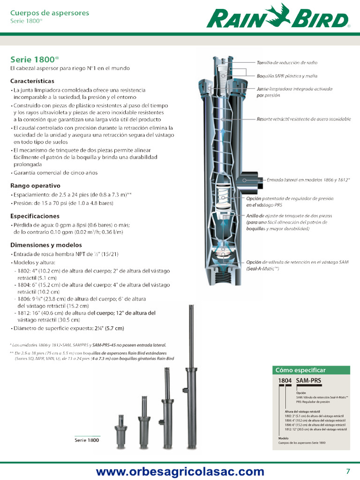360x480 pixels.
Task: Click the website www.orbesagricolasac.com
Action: click(x=180, y=472)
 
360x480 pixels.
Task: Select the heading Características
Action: click(x=32, y=81)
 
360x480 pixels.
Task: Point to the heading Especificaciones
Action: click(x=35, y=216)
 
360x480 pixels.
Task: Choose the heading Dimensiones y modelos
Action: click(x=46, y=245)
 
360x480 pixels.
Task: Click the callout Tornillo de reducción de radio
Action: click(x=286, y=63)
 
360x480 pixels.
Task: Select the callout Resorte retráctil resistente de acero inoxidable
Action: click(x=303, y=119)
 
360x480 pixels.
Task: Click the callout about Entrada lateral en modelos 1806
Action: click(x=308, y=180)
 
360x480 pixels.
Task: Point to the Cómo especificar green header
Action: click(x=311, y=370)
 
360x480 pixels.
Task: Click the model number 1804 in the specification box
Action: click(x=285, y=381)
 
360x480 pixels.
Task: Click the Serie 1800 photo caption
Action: click(x=87, y=440)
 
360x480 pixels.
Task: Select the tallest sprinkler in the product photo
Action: click(x=191, y=375)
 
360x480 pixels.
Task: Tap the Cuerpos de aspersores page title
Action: click(x=49, y=13)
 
